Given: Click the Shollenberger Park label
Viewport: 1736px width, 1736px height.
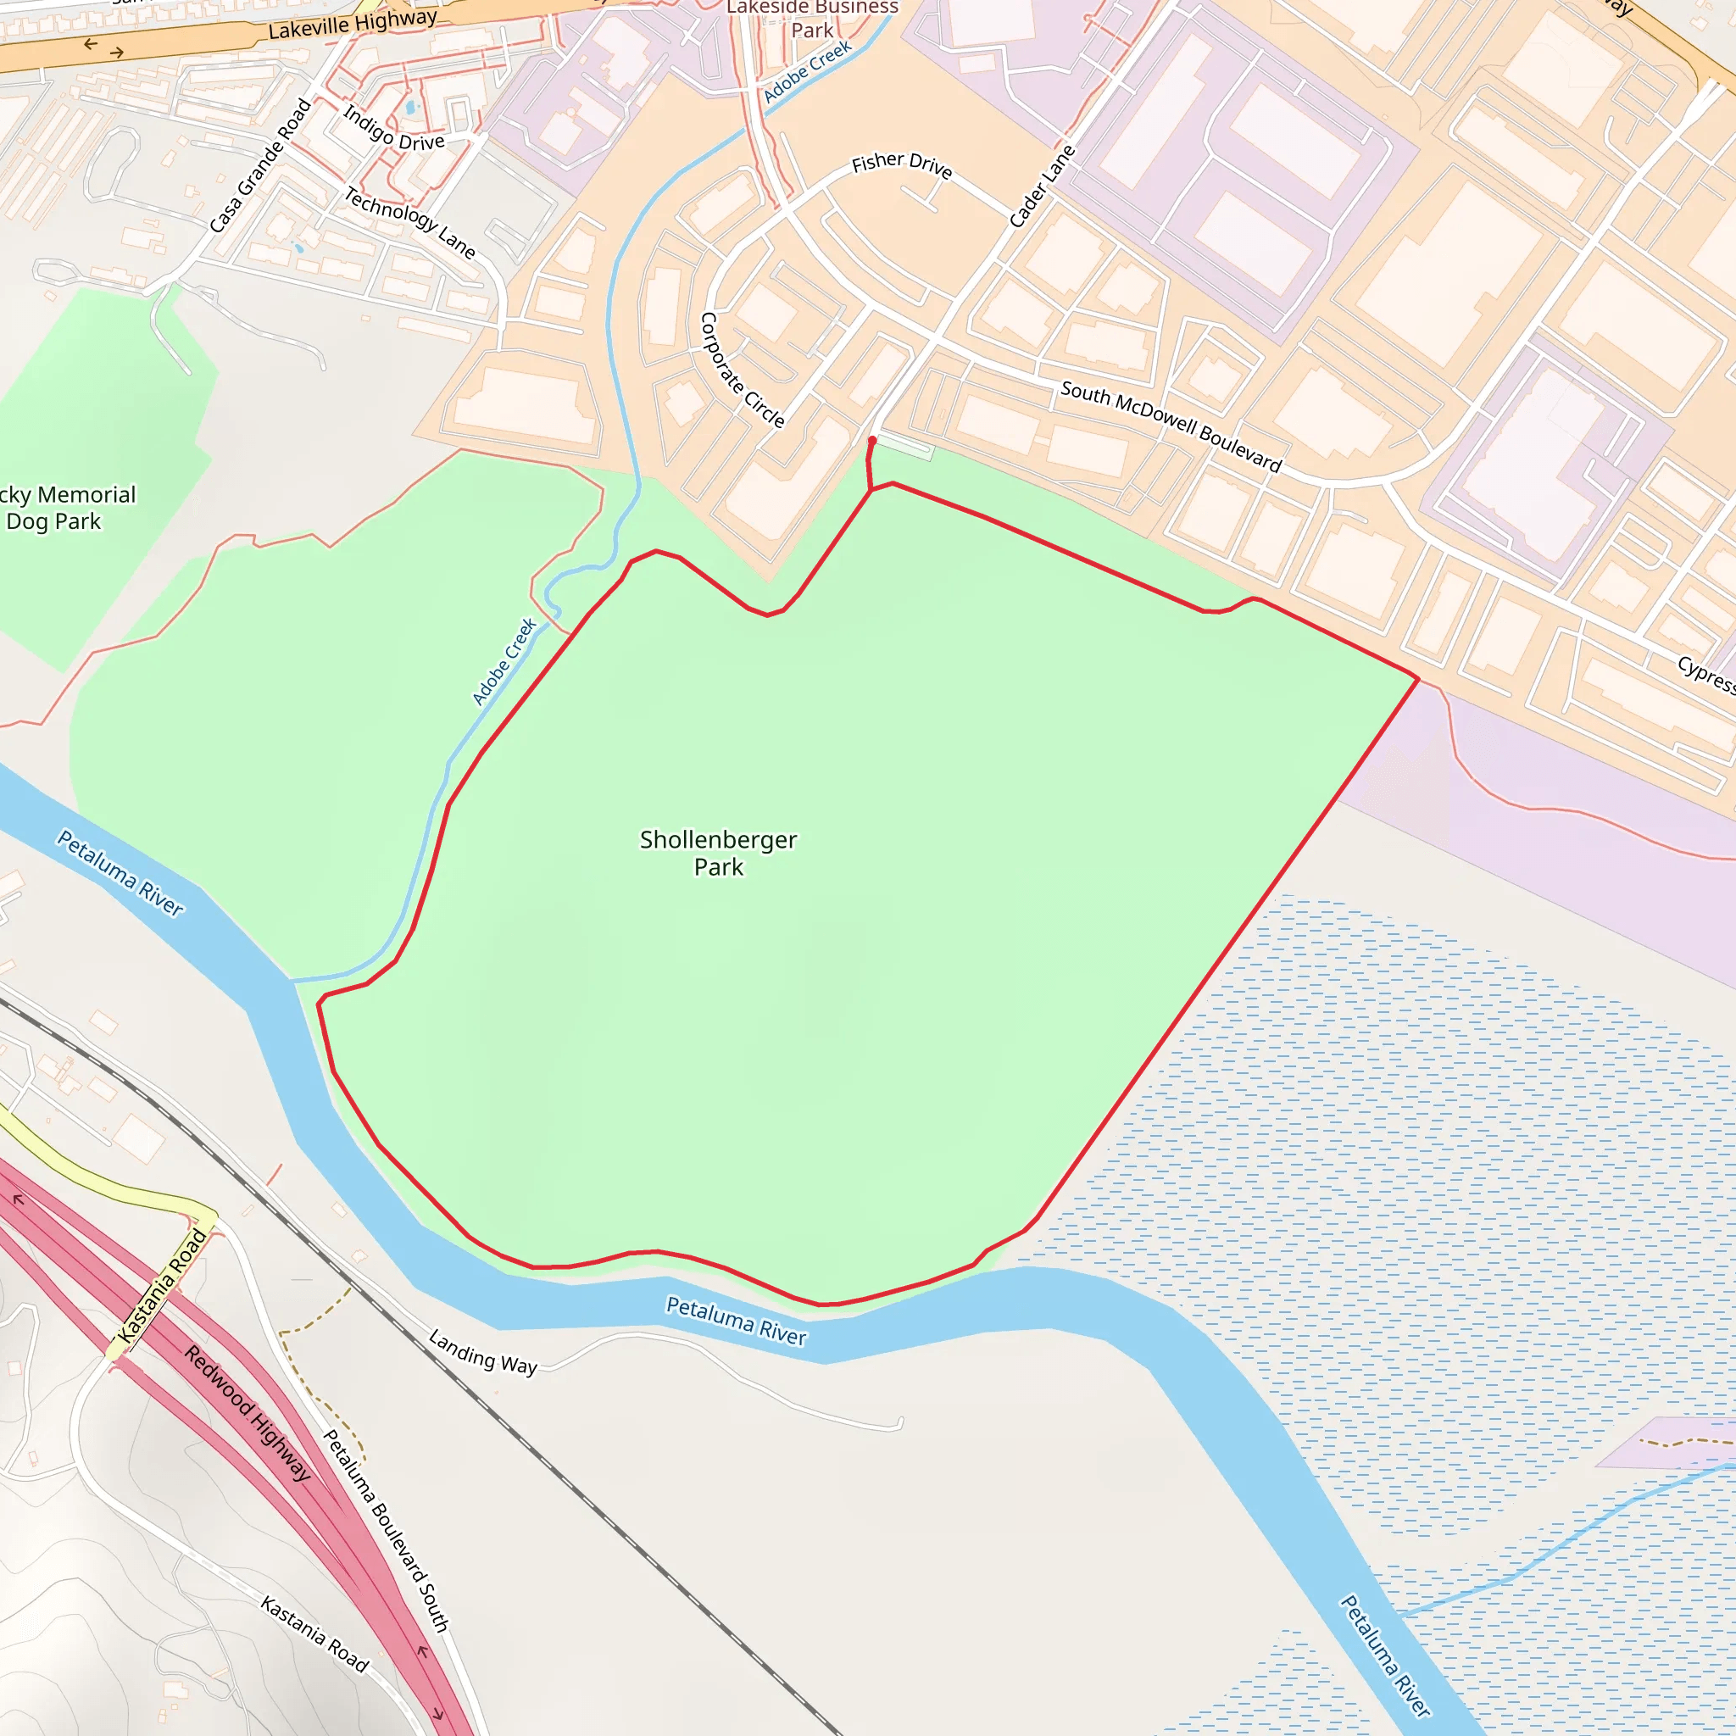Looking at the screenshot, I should pyautogui.click(x=718, y=853).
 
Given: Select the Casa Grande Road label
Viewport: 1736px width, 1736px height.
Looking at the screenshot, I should pyautogui.click(x=259, y=165).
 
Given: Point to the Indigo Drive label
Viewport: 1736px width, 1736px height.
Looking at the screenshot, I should pyautogui.click(x=393, y=129).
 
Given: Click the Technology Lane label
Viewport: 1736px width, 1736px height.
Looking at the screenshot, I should pyautogui.click(x=409, y=222).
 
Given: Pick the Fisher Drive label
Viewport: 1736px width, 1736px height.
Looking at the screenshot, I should pyautogui.click(x=901, y=164).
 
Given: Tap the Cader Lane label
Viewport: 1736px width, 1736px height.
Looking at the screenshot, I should pyautogui.click(x=1042, y=186).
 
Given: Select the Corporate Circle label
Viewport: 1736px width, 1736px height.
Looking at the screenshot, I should pyautogui.click(x=742, y=370).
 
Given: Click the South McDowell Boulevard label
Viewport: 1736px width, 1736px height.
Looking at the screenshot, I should pyautogui.click(x=1170, y=426).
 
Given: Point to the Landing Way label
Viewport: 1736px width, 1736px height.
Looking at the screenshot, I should pyautogui.click(x=482, y=1351).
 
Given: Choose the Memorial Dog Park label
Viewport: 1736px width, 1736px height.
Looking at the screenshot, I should pyautogui.click(x=63, y=508).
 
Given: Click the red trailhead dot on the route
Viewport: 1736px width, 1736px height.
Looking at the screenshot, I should pyautogui.click(x=871, y=440).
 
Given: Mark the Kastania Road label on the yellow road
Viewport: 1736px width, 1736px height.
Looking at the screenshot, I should pyautogui.click(x=162, y=1287).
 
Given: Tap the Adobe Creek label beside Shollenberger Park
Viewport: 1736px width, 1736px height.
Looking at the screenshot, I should pyautogui.click(x=504, y=661).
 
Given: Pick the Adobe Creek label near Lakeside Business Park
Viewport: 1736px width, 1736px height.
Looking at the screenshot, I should pyautogui.click(x=807, y=71).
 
